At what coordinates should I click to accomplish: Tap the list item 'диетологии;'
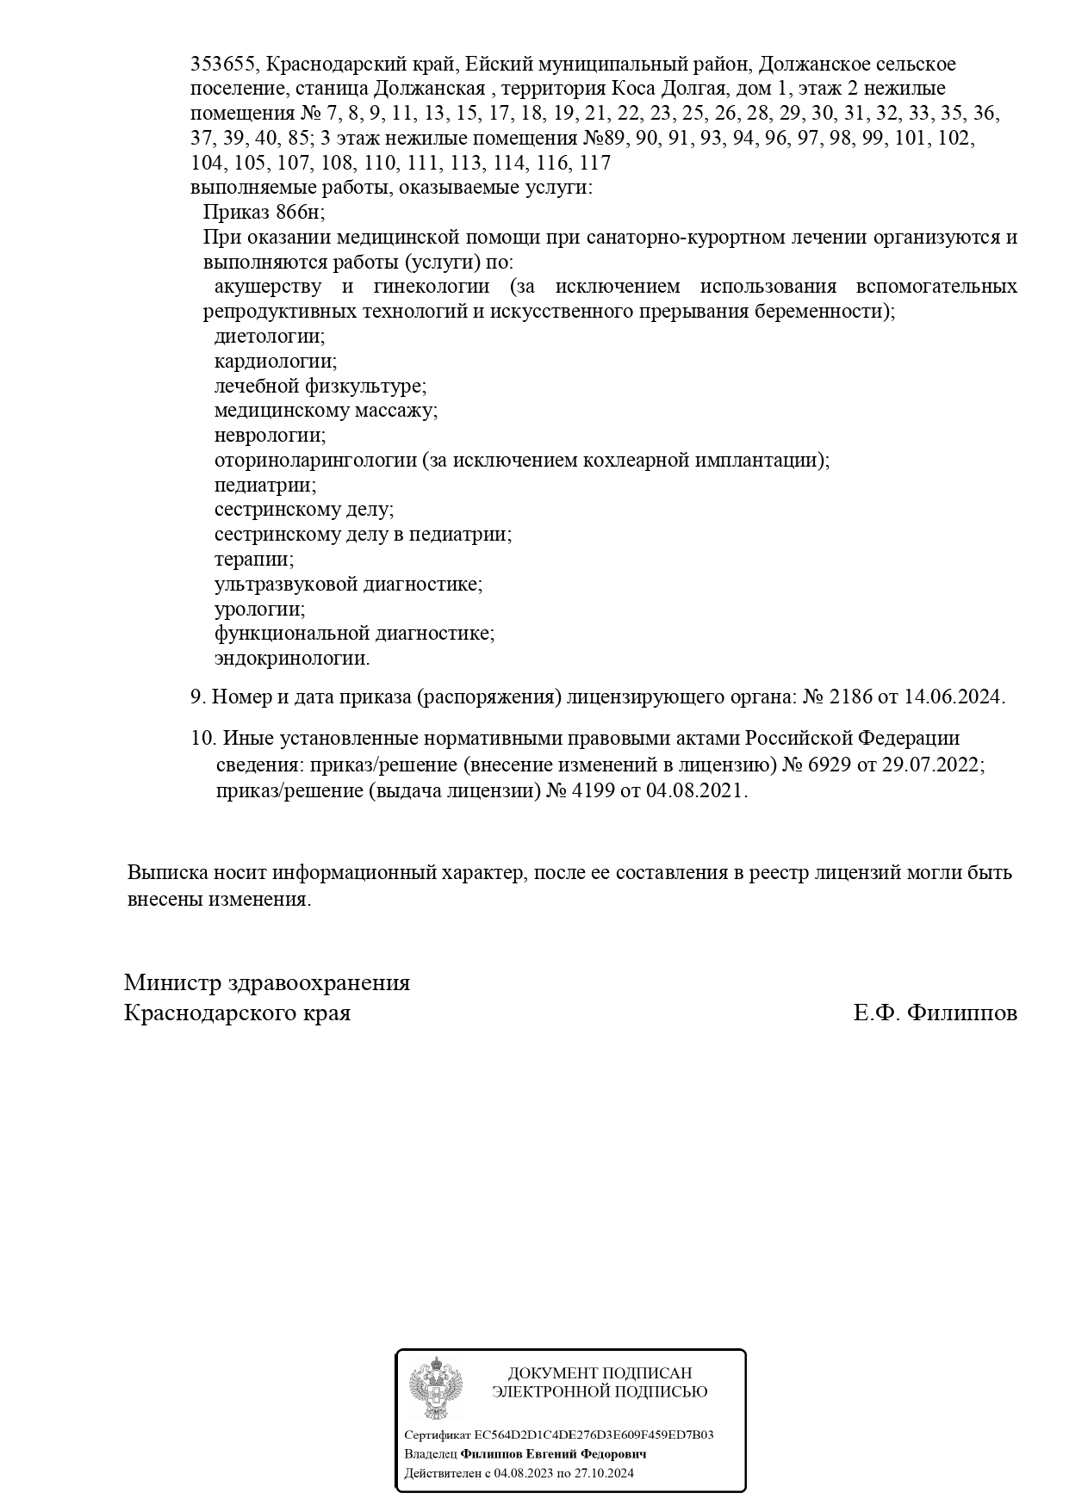click(270, 337)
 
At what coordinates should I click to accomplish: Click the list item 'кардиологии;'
click(276, 362)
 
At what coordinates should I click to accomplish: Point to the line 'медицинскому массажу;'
click(326, 411)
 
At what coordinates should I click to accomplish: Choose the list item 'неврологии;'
click(270, 436)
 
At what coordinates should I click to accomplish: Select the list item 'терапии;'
click(254, 560)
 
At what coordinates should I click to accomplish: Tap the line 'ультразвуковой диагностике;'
click(348, 585)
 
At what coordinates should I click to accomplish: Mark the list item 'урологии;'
click(259, 610)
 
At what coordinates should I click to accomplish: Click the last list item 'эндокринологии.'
click(292, 660)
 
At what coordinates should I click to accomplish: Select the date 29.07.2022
click(932, 765)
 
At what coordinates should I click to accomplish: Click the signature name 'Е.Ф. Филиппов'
click(935, 1012)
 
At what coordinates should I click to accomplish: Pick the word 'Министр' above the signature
click(171, 983)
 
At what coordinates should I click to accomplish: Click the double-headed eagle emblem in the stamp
click(435, 1388)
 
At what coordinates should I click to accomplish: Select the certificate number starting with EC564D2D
click(594, 1435)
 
